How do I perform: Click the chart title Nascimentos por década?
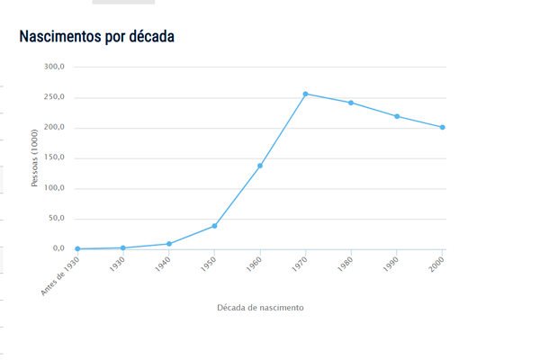point(96,37)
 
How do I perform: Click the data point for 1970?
point(306,94)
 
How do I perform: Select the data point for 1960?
point(260,166)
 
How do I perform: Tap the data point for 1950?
point(214,226)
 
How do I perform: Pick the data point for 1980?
point(351,103)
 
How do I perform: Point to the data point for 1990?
point(397,116)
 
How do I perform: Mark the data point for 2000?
point(443,127)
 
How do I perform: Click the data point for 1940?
point(168,244)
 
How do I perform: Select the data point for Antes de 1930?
point(77,248)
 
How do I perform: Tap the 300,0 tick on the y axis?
point(53,67)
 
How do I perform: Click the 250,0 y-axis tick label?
point(53,97)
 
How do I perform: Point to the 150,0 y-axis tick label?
point(53,157)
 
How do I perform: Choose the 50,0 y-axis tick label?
point(56,218)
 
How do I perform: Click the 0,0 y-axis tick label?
point(58,248)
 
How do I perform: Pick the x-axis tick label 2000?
point(436,265)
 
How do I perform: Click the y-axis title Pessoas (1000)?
point(36,157)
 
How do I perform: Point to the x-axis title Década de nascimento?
point(260,308)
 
